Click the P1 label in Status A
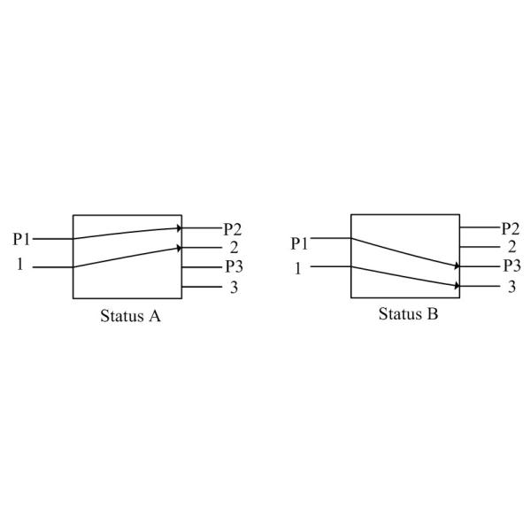(x=21, y=239)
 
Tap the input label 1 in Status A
(x=20, y=265)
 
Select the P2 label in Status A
(x=232, y=229)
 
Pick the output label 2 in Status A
(x=232, y=248)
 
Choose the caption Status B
(x=408, y=314)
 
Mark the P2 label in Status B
(x=511, y=228)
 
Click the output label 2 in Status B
(x=512, y=247)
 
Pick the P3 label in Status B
(x=512, y=265)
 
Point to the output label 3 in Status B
(x=512, y=286)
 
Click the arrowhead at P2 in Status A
(x=180, y=228)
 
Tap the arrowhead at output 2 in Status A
(x=180, y=249)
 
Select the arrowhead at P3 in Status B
(x=458, y=265)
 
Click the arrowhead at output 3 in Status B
(x=458, y=285)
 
